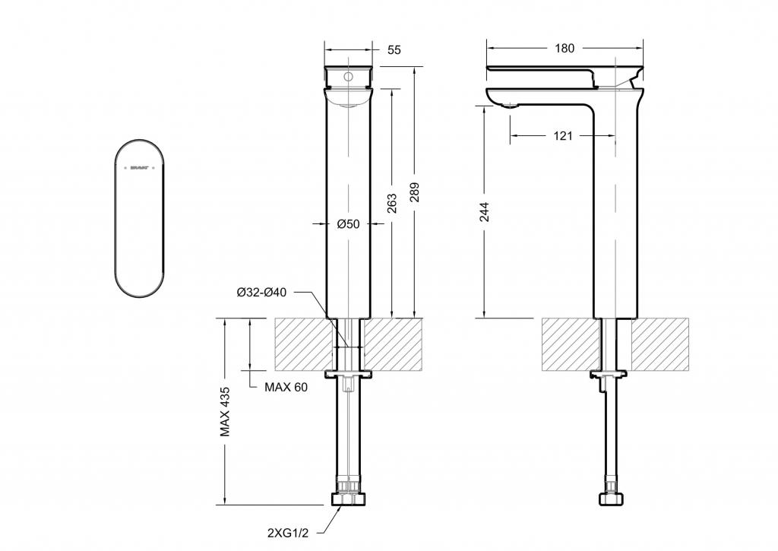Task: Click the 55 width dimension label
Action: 394,50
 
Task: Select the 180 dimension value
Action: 565,49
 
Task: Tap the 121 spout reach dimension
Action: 563,136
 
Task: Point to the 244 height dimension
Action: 485,212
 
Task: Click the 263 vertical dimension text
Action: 392,203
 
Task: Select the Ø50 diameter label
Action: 348,223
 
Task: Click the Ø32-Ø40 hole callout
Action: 261,293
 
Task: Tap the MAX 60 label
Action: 286,387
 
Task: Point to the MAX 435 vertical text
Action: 226,412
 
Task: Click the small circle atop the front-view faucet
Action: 349,77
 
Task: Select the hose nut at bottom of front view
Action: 349,499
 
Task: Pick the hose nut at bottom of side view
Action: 613,499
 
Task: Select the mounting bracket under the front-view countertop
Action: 349,374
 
